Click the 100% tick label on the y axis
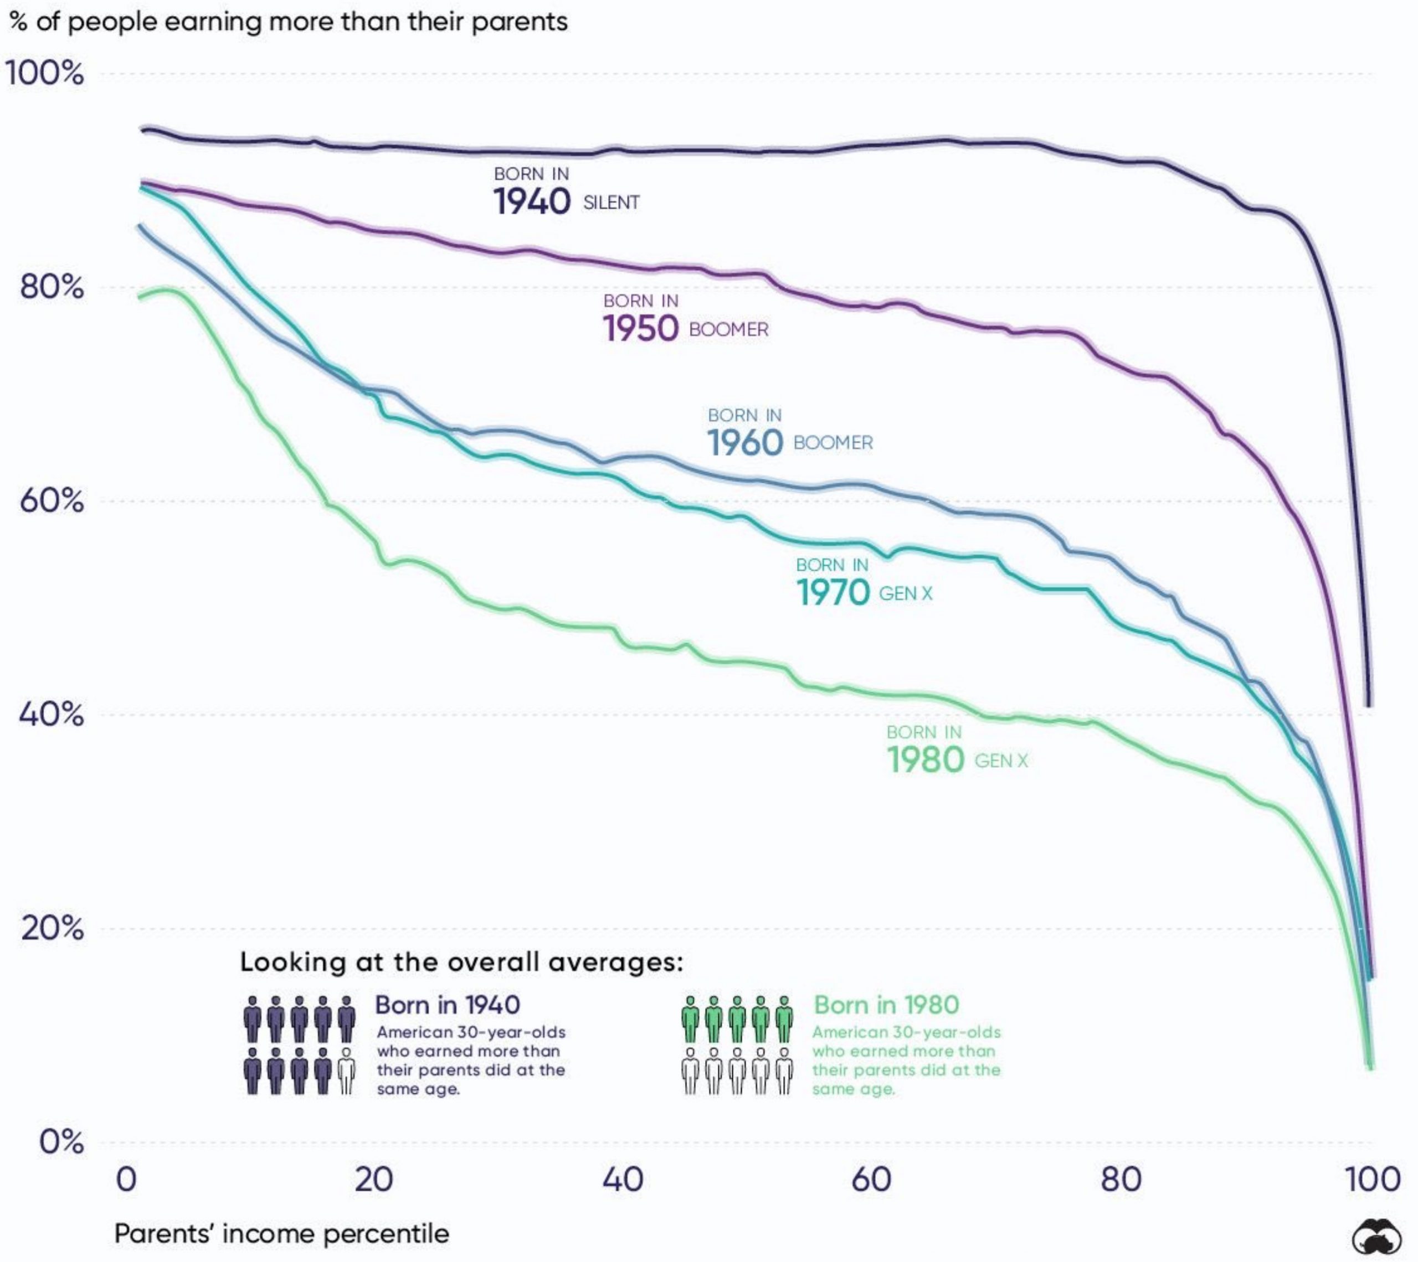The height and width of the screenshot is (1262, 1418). click(44, 74)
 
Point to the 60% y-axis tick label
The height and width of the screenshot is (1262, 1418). click(52, 500)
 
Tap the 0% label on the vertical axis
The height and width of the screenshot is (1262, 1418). click(61, 1141)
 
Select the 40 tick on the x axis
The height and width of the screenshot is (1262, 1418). click(622, 1180)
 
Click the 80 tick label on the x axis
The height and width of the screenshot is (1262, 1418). click(1121, 1180)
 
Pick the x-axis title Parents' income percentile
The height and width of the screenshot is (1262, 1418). click(281, 1234)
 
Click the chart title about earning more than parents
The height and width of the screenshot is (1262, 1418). click(289, 22)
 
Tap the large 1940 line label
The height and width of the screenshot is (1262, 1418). click(531, 202)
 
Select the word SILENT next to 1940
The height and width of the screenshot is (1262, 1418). click(611, 203)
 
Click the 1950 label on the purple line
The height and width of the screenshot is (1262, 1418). click(640, 329)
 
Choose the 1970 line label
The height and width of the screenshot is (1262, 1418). click(832, 593)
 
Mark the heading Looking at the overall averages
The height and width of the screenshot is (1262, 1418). click(461, 963)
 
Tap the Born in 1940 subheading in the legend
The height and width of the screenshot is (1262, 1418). click(448, 1005)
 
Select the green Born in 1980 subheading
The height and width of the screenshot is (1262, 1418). click(886, 1005)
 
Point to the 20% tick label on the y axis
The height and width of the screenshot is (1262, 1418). click(52, 928)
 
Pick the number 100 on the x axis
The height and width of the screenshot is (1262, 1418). click(1372, 1180)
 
